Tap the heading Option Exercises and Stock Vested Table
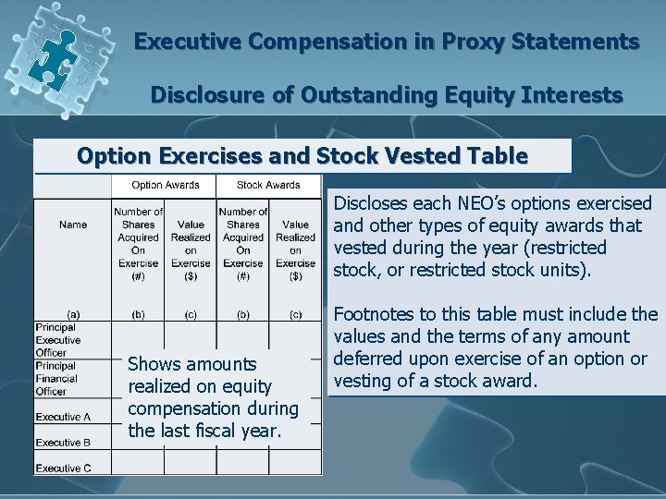tap(302, 155)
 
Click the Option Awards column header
tap(165, 185)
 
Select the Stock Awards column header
tap(268, 185)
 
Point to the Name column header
tap(73, 225)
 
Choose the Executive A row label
tap(63, 418)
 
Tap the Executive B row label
tap(63, 443)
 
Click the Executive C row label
tap(63, 468)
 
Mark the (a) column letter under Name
tap(73, 315)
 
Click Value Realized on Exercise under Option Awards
tap(191, 243)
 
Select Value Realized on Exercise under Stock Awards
tap(295, 243)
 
